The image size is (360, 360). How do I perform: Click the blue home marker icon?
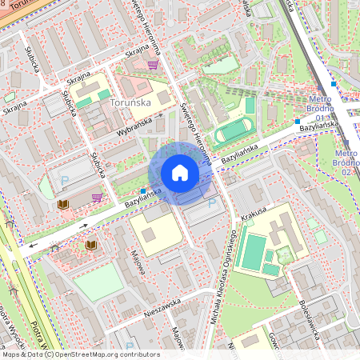click(180, 173)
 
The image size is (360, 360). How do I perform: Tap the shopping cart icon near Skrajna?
click(152, 66)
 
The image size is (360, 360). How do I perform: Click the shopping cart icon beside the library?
click(97, 198)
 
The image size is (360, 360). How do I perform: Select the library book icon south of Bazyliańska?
click(91, 245)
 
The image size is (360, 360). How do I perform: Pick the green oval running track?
click(231, 131)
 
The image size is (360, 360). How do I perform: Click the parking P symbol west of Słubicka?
click(65, 182)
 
